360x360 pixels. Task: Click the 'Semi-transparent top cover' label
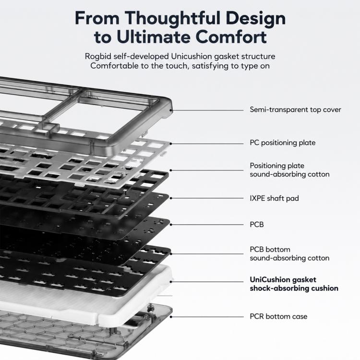[x=295, y=110]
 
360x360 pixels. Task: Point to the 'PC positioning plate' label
[x=282, y=143]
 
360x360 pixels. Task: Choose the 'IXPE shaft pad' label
[x=274, y=198]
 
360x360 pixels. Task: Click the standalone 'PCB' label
[x=257, y=225]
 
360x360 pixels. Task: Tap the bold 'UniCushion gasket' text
[x=283, y=280]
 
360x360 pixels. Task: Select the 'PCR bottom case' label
[x=278, y=317]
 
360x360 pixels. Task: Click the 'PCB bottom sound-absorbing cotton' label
[x=289, y=254]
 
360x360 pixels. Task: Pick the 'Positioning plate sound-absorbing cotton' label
[x=289, y=170]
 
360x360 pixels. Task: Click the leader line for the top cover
[x=207, y=110]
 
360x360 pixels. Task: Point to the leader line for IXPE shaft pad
[x=207, y=198]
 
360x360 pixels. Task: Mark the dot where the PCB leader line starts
[x=171, y=225]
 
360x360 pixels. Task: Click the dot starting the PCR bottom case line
[x=171, y=317]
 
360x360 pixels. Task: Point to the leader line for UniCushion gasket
[x=207, y=282]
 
